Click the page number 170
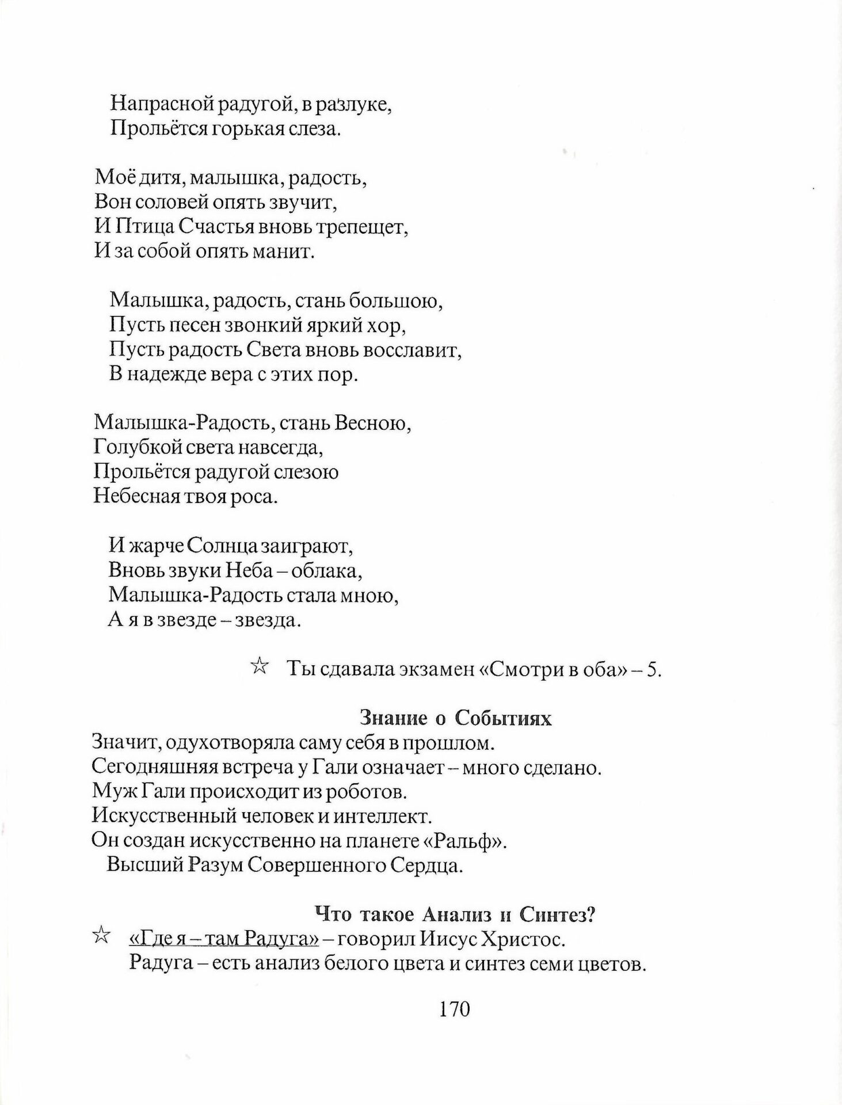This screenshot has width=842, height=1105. [455, 1009]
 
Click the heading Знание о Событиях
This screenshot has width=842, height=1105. [455, 718]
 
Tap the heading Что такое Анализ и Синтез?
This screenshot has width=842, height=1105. [455, 915]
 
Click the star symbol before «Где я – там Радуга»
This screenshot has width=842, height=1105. [101, 936]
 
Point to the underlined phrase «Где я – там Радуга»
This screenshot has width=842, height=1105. [223, 939]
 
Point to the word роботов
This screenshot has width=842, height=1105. [366, 792]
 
